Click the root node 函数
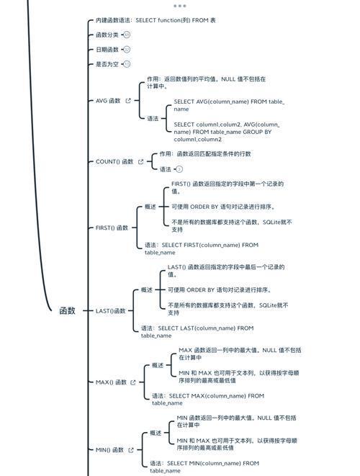(67, 310)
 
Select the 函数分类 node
(107, 35)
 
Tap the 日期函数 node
(107, 50)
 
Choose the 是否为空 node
(107, 64)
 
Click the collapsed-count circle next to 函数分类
(127, 35)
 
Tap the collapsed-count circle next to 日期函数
(127, 50)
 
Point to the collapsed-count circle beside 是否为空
(127, 64)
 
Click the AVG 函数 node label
(108, 101)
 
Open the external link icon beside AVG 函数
(128, 101)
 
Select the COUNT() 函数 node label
(114, 161)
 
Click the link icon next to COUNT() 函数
(140, 161)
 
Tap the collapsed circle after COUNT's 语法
(179, 169)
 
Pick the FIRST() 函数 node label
(112, 228)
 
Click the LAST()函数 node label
(110, 311)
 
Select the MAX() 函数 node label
(111, 382)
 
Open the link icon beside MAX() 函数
(133, 382)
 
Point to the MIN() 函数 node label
(109, 450)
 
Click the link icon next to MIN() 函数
(131, 450)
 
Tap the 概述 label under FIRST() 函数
(150, 207)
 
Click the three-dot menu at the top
(180, 6)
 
